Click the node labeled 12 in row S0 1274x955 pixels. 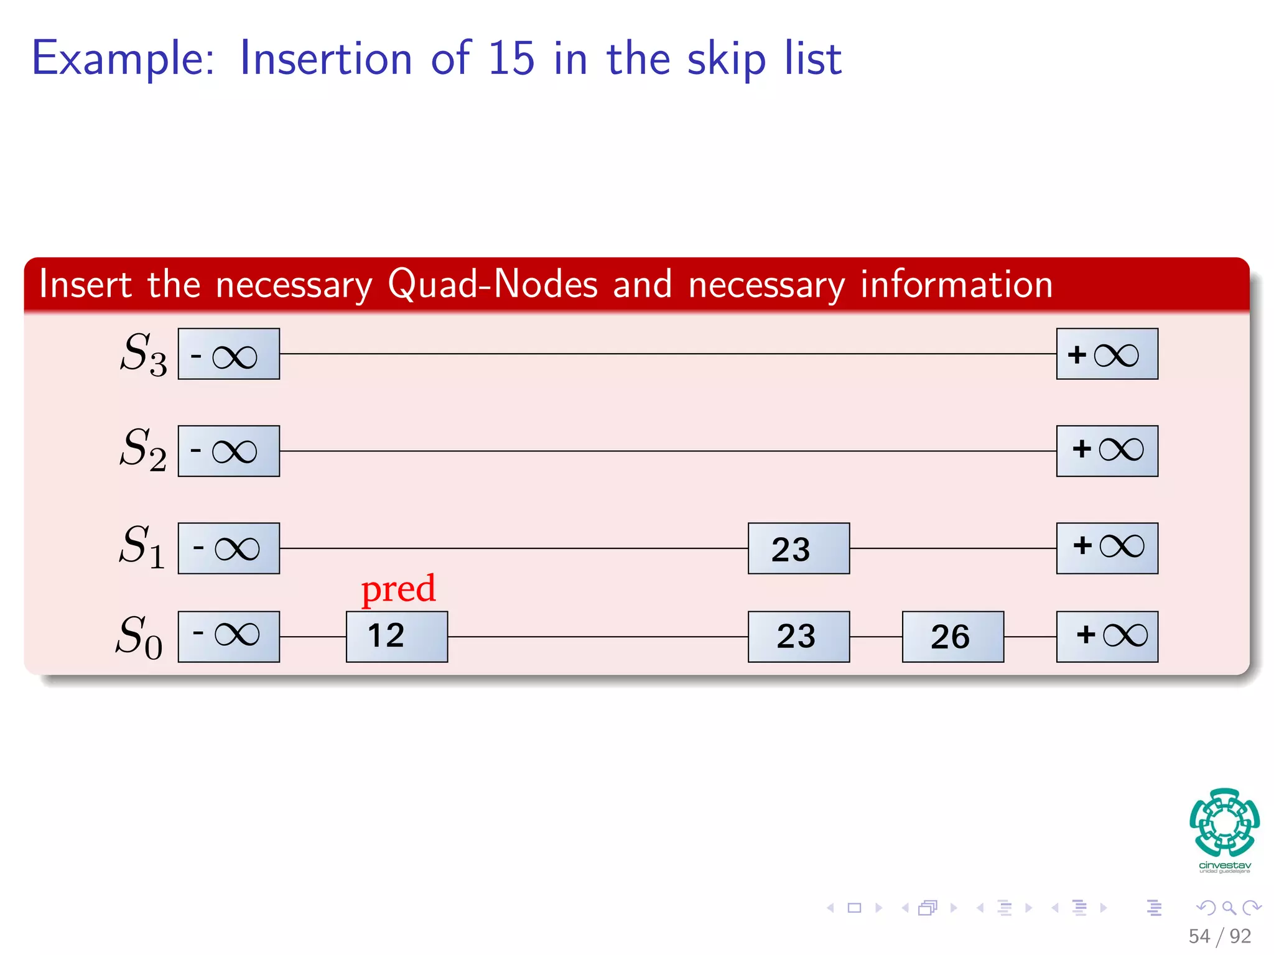(x=396, y=636)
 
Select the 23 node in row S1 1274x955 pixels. (x=798, y=548)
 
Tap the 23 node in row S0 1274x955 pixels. (x=798, y=636)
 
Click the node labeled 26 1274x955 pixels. (x=952, y=636)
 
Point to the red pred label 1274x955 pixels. (x=398, y=589)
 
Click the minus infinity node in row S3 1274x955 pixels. (x=228, y=354)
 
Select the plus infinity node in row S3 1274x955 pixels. (x=1107, y=354)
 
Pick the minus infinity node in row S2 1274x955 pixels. (x=228, y=451)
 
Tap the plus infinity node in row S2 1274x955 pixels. (x=1107, y=451)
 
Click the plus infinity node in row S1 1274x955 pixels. (x=1107, y=548)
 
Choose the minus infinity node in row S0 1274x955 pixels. (x=228, y=636)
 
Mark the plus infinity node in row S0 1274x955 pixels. (x=1107, y=636)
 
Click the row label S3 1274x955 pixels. (x=143, y=354)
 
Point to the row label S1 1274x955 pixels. (x=142, y=547)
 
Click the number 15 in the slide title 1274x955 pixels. (x=511, y=58)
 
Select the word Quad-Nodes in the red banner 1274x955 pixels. (x=492, y=285)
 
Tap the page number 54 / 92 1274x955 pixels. (x=1219, y=936)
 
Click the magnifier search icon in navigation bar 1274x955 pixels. (x=1229, y=908)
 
